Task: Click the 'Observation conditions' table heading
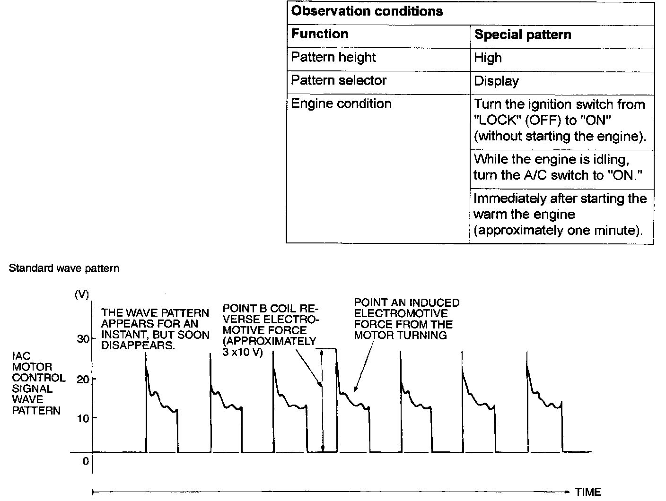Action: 367,11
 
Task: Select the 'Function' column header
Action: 320,34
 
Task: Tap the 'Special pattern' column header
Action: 523,35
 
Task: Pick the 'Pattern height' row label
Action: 333,57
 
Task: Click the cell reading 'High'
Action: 488,58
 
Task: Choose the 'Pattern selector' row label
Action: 339,80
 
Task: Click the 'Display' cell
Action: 496,81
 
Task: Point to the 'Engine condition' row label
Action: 341,104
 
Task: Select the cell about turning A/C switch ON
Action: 558,167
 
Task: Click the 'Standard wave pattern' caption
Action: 64,268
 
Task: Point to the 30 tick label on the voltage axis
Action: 83,339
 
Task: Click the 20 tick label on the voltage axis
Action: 83,379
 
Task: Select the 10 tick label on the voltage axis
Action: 83,418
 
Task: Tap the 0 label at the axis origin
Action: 86,461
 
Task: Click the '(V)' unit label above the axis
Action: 81,294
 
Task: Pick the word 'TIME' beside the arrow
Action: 588,492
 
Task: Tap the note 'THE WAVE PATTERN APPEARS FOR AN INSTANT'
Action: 155,329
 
